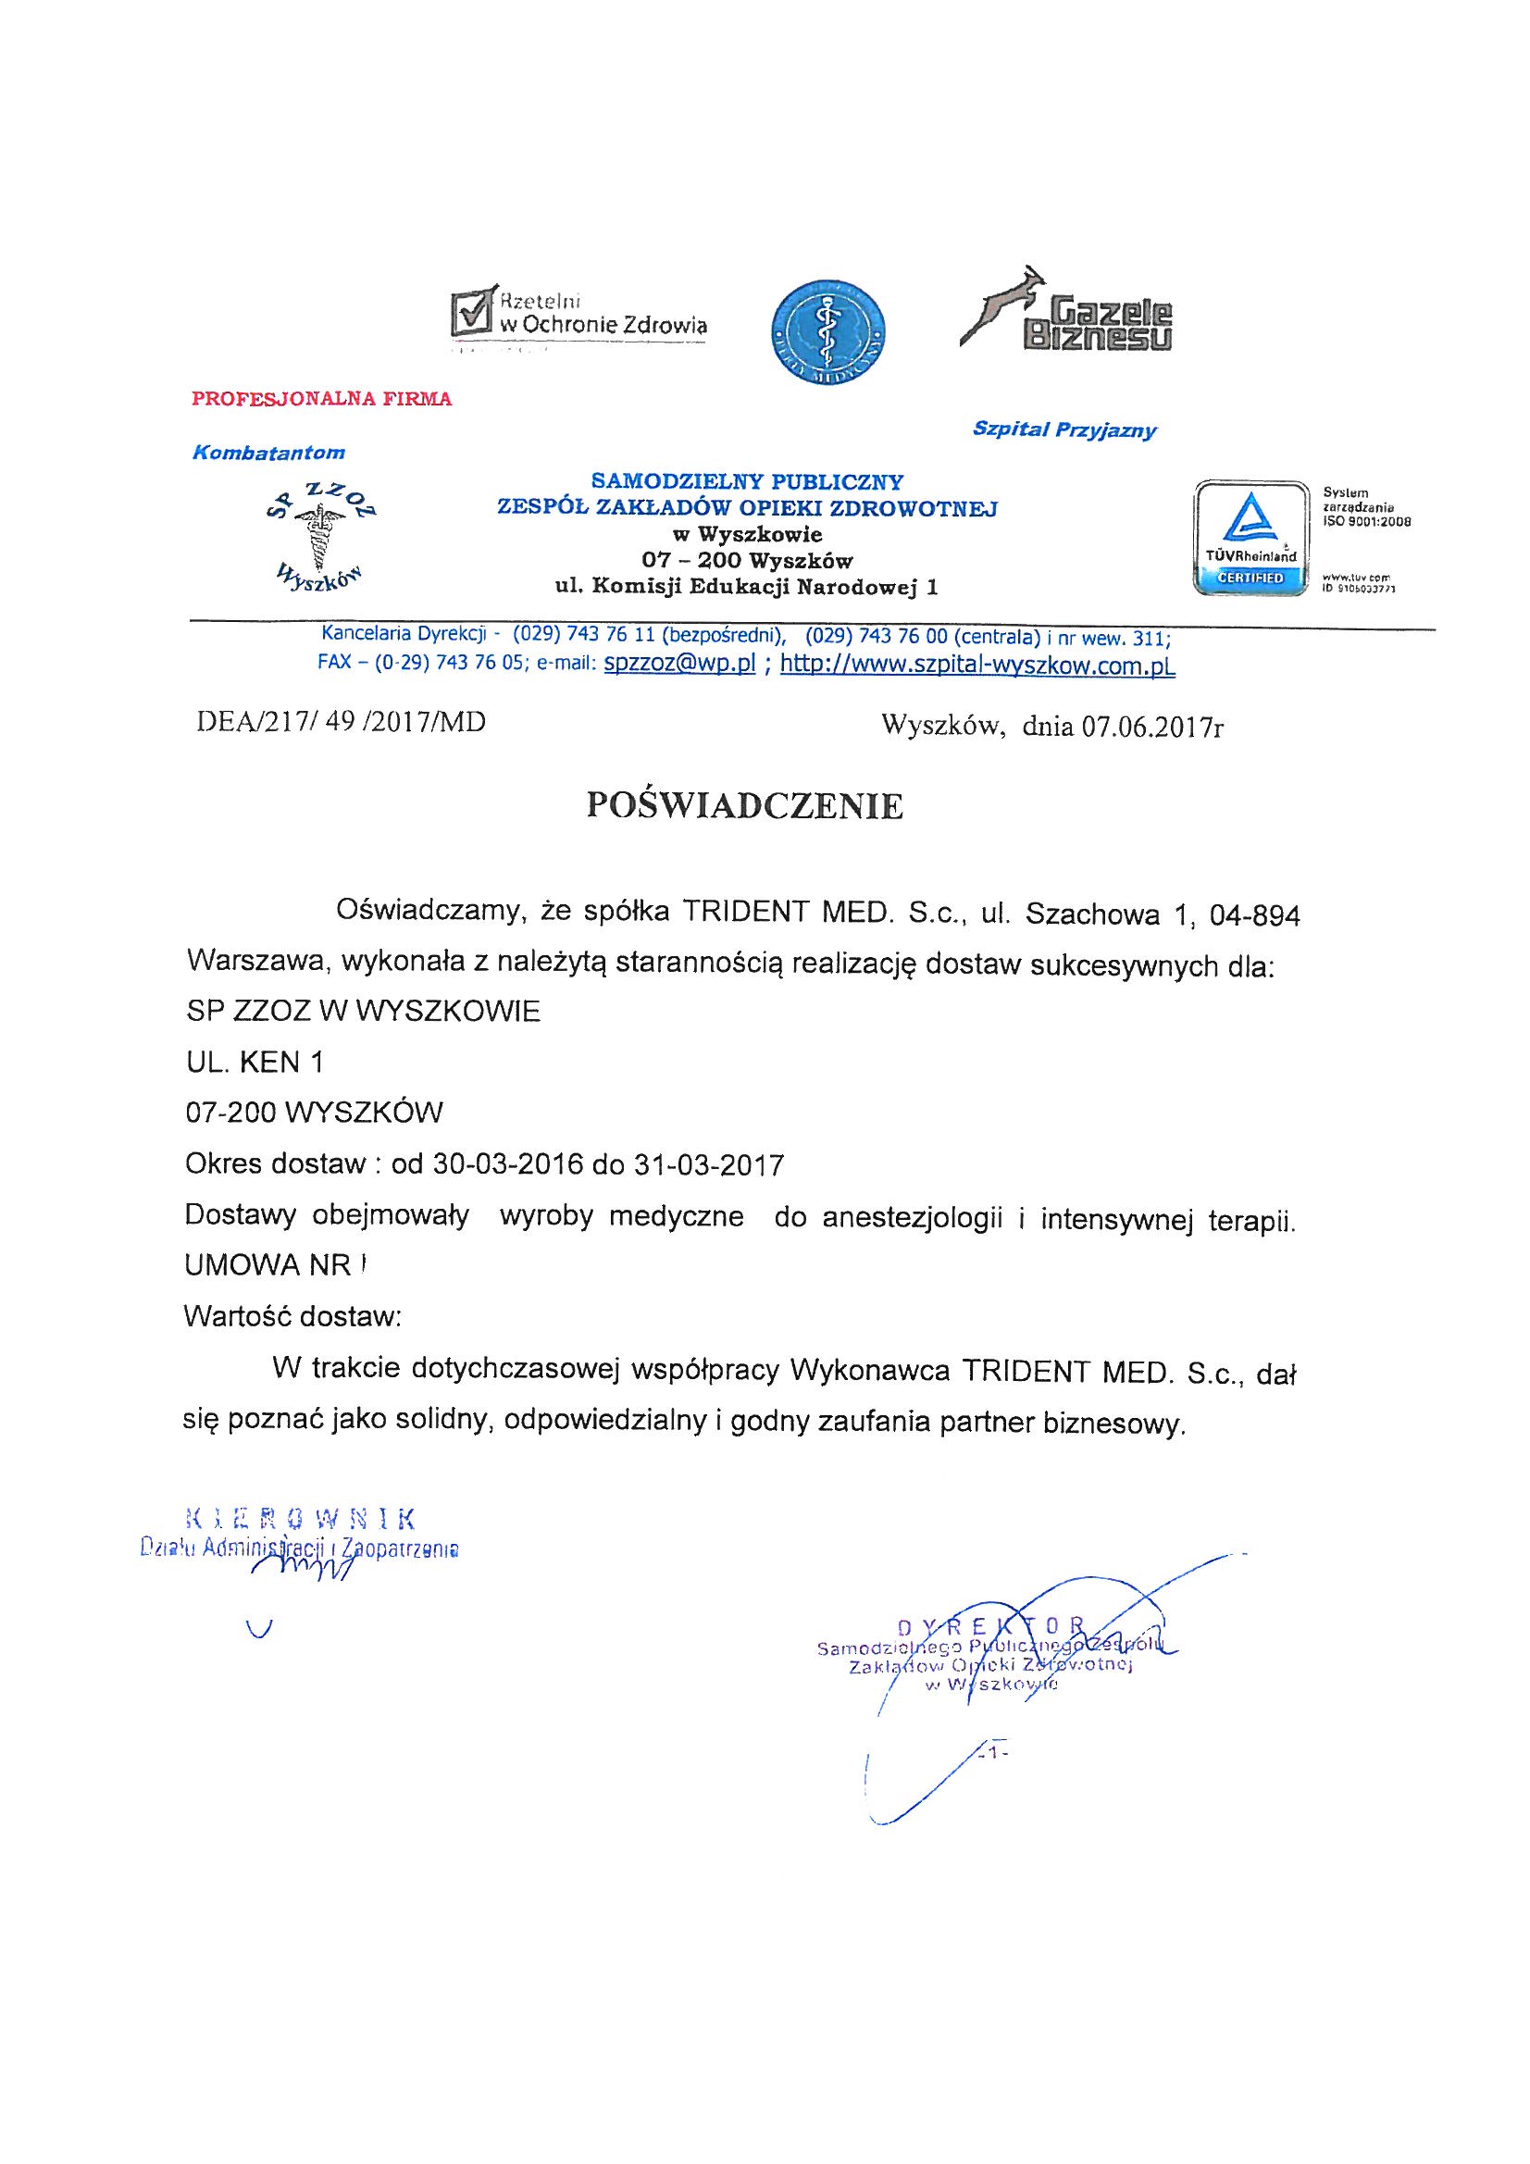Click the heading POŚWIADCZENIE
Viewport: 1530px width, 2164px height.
[744, 806]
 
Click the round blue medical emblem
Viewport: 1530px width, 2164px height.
[827, 330]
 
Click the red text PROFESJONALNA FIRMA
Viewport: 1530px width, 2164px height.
[321, 399]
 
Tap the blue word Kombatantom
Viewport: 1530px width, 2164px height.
[268, 453]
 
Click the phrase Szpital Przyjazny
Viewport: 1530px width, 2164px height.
[1064, 430]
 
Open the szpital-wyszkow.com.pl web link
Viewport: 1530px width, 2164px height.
[977, 665]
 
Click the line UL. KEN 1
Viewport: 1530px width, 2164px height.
[255, 1063]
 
